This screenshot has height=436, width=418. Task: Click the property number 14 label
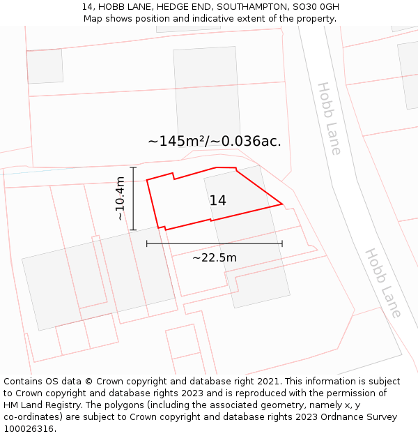[217, 201]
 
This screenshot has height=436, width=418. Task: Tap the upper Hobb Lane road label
[330, 118]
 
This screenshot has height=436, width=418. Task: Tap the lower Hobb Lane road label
[383, 283]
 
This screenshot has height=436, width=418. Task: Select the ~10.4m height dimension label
[121, 199]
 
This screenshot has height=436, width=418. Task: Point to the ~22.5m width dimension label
[215, 257]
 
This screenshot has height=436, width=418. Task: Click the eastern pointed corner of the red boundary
[282, 204]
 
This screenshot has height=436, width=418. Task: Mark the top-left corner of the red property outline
[147, 180]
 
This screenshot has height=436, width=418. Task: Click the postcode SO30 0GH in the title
[313, 7]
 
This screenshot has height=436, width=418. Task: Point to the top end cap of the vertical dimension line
[133, 167]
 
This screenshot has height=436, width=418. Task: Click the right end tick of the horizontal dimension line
[282, 243]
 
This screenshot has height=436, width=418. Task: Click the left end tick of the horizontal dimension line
[147, 243]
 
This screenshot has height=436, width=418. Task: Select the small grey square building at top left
[45, 66]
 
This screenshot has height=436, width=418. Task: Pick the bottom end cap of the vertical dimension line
[133, 230]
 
